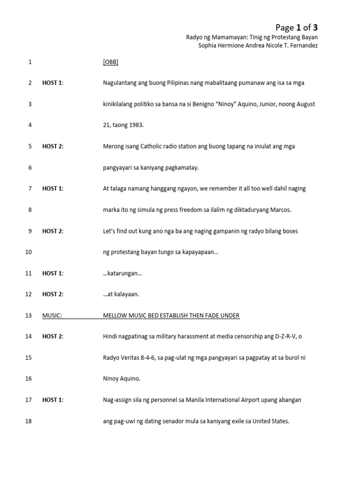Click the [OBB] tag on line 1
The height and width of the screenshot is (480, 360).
tap(111, 62)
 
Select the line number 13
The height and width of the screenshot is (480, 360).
tap(28, 315)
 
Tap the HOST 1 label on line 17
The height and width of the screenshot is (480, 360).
tap(53, 400)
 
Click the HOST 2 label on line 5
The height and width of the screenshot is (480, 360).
tap(53, 146)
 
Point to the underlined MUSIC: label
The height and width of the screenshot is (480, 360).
tap(52, 315)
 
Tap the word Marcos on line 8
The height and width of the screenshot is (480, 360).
tap(280, 210)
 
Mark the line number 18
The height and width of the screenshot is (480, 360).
tap(28, 421)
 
